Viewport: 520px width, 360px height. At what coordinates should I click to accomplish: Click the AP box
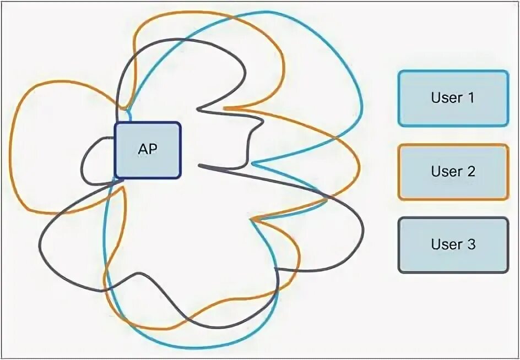click(148, 150)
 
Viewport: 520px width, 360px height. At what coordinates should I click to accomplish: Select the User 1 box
click(453, 98)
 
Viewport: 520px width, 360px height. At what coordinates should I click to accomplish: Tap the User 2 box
click(453, 171)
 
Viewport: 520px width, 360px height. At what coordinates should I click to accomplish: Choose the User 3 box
click(453, 244)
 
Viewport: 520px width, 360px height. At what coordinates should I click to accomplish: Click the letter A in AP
click(143, 149)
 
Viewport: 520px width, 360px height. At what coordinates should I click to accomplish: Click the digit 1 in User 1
click(470, 98)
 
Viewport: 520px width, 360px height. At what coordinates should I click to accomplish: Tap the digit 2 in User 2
click(470, 171)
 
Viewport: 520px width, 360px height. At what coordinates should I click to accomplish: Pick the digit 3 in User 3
click(470, 244)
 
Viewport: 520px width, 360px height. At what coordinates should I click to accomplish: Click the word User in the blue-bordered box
click(446, 98)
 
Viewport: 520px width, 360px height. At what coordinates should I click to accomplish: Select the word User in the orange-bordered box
click(446, 171)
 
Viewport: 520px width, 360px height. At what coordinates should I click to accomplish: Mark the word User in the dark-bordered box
click(446, 244)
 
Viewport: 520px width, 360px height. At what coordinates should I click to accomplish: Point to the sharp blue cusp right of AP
click(254, 163)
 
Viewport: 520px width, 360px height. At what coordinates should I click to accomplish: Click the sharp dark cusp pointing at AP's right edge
click(200, 165)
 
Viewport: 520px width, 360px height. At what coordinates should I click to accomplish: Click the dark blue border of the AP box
click(115, 150)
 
